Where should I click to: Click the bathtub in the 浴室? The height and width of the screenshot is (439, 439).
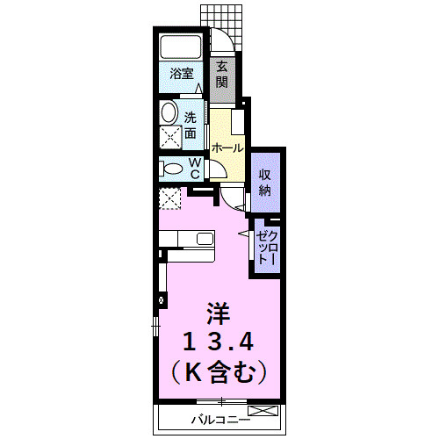[183, 47]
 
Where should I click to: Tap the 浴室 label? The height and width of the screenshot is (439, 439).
[182, 75]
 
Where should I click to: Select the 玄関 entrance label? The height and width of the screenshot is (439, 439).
[222, 74]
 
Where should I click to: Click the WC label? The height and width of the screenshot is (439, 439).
[196, 168]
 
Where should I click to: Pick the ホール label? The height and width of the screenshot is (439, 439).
[227, 148]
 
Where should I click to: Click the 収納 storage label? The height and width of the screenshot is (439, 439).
[264, 181]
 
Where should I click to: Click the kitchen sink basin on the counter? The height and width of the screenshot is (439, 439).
[205, 238]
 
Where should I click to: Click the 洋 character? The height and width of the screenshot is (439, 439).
[218, 313]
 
